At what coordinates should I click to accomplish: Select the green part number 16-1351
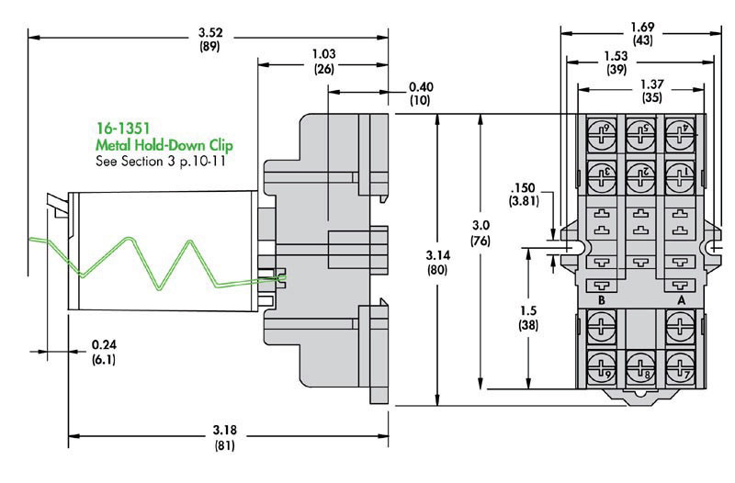[x=124, y=129]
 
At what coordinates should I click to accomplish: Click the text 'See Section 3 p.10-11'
[x=161, y=161]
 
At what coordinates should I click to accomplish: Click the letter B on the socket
[x=600, y=301]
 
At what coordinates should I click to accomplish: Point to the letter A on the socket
[x=681, y=301]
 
